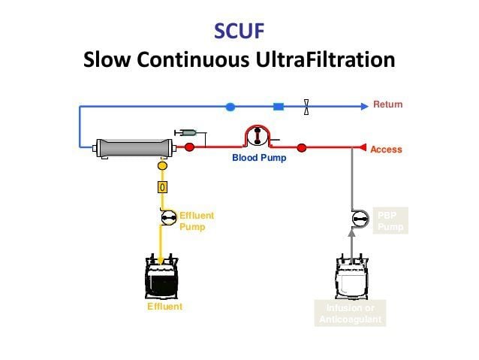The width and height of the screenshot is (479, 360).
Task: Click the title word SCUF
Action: point(239,32)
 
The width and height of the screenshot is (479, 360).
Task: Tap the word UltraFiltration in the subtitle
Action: point(328,59)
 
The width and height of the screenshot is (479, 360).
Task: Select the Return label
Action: point(387,104)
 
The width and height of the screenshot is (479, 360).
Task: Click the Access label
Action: point(386,150)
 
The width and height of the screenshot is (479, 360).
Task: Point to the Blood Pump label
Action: point(258,158)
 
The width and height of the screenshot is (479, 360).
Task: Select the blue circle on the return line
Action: point(230,107)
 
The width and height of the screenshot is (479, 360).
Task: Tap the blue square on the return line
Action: point(279,107)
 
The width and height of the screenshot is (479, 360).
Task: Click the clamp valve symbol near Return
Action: point(306,107)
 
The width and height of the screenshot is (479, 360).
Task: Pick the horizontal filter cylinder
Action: point(132,147)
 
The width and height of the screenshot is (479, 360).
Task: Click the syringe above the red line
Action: point(185,132)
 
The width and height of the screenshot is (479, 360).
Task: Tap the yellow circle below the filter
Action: point(161,165)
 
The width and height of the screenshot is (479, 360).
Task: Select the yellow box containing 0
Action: point(161,186)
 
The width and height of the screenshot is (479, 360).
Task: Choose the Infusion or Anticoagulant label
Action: point(351,313)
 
